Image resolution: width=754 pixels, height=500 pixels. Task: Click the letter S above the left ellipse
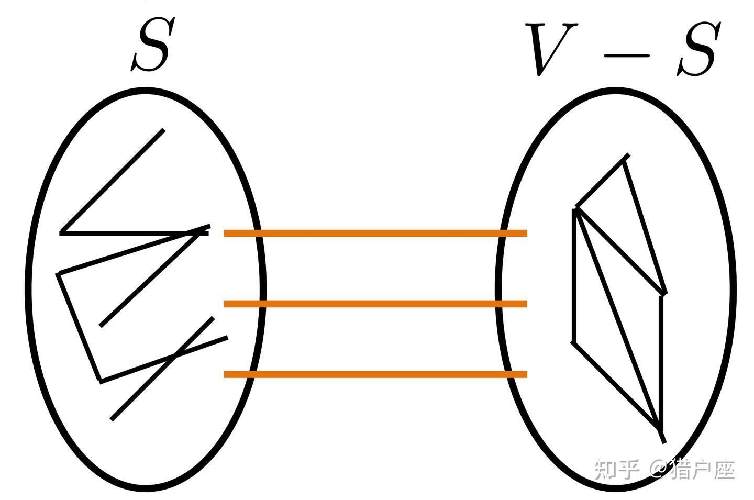[150, 46]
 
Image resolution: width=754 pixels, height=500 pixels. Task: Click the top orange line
[375, 234]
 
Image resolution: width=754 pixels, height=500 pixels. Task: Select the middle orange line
[375, 304]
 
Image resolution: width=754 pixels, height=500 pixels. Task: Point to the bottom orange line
[375, 374]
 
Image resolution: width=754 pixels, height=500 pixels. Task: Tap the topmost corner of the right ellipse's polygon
[626, 156]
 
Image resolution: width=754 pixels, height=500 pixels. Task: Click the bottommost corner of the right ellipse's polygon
[661, 430]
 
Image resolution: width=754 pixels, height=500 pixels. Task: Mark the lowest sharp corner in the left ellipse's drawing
[100, 381]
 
